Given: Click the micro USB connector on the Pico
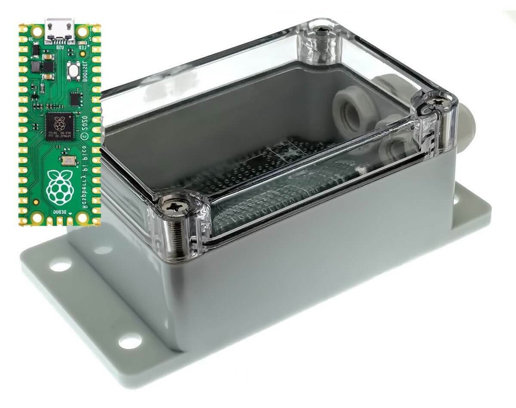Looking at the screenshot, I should point(60,30).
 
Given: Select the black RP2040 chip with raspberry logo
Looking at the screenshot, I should point(60,125).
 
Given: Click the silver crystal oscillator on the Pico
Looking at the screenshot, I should point(68,161).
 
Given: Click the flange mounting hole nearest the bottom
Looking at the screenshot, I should point(129,341).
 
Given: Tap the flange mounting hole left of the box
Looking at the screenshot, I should point(60,266).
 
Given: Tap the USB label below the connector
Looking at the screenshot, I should point(60,48).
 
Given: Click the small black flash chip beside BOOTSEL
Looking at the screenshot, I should point(74,98).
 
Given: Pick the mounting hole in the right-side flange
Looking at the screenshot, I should point(456,199).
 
